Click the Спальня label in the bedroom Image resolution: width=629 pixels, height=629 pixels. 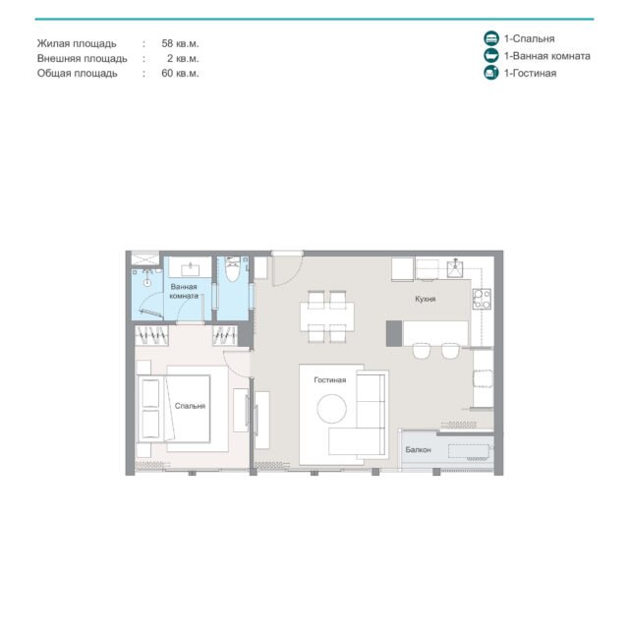tap(190, 406)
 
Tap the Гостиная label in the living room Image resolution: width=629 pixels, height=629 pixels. tap(330, 380)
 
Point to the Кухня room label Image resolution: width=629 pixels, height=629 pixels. tap(426, 299)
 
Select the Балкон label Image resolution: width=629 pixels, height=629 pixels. tap(418, 450)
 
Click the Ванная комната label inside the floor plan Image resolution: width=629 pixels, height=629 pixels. tap(184, 291)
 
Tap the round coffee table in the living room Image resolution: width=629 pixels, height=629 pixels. tap(332, 409)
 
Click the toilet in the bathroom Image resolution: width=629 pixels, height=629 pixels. tap(232, 269)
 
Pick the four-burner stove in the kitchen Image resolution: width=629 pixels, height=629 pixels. tap(482, 299)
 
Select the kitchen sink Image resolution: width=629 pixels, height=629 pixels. tap(455, 268)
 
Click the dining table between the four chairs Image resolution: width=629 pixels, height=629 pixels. tap(327, 316)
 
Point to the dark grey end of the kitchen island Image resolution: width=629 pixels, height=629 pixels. tap(394, 333)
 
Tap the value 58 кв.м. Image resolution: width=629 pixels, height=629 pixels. tap(180, 43)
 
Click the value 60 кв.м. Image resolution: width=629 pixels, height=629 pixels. tap(180, 73)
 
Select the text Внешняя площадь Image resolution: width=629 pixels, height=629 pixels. tap(83, 59)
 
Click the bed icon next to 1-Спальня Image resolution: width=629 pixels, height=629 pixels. tap(491, 38)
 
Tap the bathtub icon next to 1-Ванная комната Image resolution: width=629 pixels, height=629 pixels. tap(491, 56)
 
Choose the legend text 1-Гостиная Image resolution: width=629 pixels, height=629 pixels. tap(530, 73)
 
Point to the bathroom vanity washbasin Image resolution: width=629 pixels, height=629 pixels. tap(190, 269)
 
